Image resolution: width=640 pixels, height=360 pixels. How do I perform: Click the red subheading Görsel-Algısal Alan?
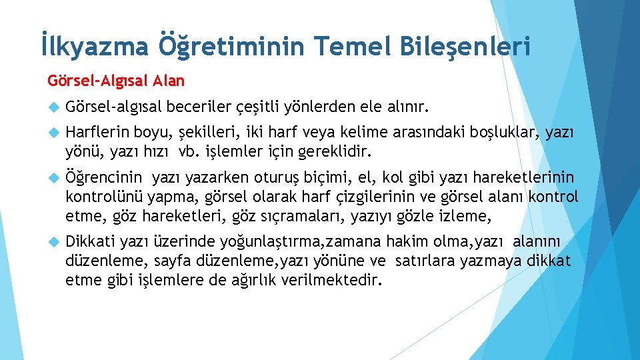[x=116, y=81]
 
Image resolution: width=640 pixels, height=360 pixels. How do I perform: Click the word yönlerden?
[x=317, y=106]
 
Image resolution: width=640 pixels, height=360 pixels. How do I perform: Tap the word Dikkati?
[x=90, y=241]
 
